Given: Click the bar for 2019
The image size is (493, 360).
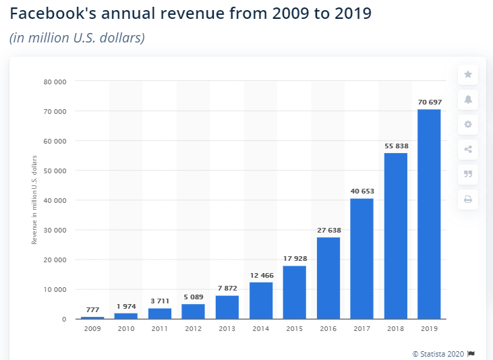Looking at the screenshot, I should [429, 214].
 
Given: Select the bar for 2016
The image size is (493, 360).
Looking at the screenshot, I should [328, 278].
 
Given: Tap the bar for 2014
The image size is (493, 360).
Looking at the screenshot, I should [261, 300].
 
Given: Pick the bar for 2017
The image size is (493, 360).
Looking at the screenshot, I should [361, 258].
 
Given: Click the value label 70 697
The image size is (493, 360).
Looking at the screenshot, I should [429, 102].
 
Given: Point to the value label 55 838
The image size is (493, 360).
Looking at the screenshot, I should [396, 146].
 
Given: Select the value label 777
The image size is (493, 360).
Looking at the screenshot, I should [92, 309].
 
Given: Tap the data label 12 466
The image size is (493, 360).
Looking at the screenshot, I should [261, 274].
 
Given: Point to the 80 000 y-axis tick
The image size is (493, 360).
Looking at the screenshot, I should [56, 82].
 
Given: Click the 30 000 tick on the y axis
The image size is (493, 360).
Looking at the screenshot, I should [56, 230].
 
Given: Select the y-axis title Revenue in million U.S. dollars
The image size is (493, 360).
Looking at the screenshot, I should [34, 200].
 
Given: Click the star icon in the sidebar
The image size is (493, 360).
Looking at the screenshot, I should [467, 75].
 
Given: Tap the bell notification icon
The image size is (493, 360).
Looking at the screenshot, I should [467, 100].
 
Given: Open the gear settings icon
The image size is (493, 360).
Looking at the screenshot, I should [467, 125].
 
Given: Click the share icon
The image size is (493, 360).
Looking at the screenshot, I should [467, 150].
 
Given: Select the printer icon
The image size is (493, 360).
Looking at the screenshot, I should [467, 200].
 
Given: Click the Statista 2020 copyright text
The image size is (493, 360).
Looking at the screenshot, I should [439, 353].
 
